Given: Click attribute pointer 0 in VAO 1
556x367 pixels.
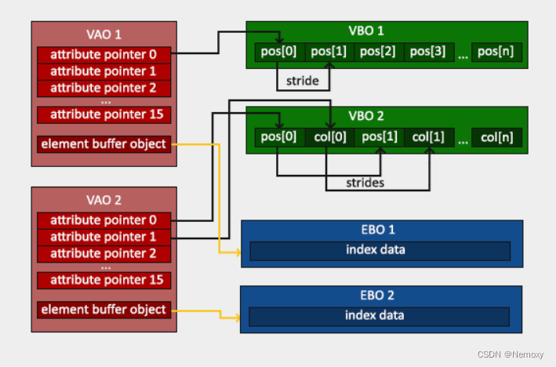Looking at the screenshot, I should point(104,54).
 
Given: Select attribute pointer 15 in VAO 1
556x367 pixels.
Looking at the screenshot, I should point(104,114).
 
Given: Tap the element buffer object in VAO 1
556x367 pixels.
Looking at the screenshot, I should point(104,144).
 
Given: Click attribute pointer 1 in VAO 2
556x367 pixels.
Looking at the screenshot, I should point(104,237).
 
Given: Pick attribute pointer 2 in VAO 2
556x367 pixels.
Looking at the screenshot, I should point(104,253).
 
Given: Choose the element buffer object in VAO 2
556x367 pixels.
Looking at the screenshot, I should point(104,309).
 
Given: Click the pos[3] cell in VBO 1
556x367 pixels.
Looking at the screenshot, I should point(427,52).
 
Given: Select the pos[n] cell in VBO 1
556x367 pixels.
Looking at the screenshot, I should point(496,52).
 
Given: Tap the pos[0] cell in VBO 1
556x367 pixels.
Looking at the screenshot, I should point(278,52).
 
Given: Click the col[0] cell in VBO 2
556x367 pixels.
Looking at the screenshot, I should point(329,136).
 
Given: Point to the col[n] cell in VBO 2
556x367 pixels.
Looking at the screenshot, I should point(496,136).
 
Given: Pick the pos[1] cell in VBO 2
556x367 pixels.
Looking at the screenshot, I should point(379,136).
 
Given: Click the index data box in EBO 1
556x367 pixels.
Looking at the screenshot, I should point(380,250).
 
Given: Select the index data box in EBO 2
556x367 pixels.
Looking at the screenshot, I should point(380,315).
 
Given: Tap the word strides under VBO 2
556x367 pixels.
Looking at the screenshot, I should point(366,183).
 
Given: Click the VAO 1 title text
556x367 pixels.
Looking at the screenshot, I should point(103,35).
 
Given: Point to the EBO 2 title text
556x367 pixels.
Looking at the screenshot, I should point(381,295).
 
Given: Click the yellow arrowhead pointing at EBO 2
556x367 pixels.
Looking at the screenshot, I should point(236,317).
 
